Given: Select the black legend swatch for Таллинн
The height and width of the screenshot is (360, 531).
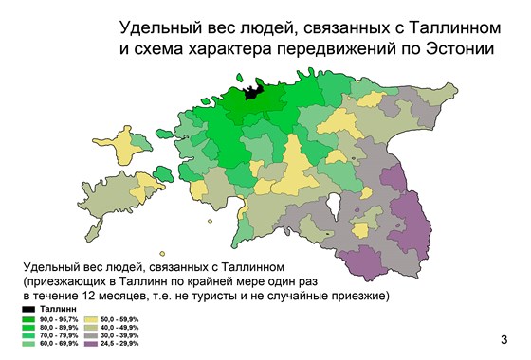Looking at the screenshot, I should pos(28,310).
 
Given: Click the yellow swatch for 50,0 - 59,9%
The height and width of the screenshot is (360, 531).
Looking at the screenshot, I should pos(97,320).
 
